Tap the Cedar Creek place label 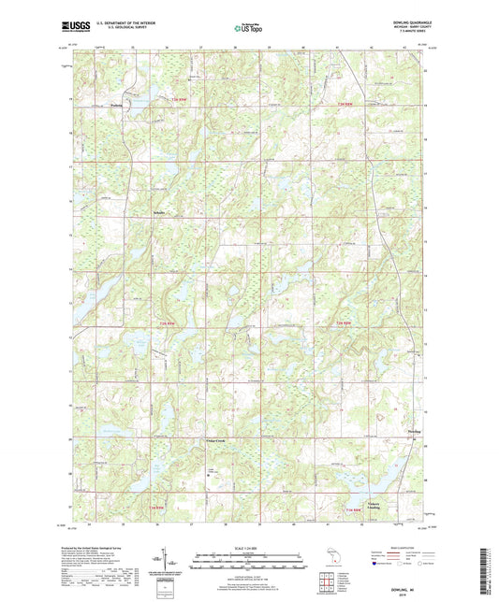pos(215,439)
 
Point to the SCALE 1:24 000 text pos(248,548)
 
